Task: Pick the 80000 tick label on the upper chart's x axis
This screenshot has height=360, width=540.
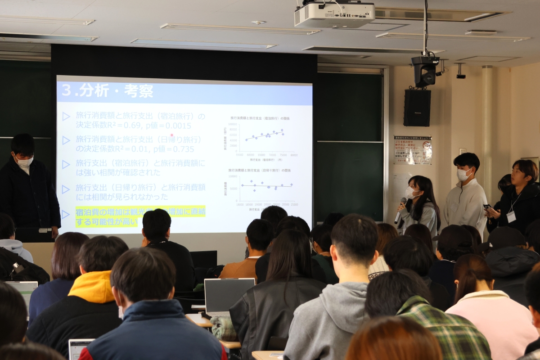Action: [294, 155]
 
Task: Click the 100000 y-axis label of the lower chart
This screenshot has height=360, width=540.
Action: [233, 176]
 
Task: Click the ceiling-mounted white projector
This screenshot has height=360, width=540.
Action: [334, 14]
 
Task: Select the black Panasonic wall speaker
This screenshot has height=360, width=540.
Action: [417, 108]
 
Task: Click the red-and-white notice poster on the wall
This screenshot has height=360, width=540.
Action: [413, 150]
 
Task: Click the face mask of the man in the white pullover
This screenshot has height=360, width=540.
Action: [463, 175]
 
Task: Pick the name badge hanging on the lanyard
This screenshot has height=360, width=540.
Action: [511, 217]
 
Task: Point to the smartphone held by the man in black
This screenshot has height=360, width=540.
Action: [487, 207]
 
